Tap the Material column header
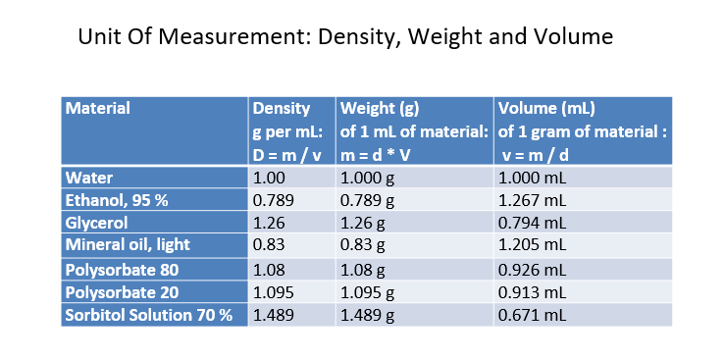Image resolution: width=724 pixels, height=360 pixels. tap(97, 108)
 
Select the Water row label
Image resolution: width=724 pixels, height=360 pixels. tap(89, 178)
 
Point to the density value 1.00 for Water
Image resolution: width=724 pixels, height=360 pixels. tap(269, 178)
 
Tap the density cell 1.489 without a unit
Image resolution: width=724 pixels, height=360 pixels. tap(273, 315)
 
